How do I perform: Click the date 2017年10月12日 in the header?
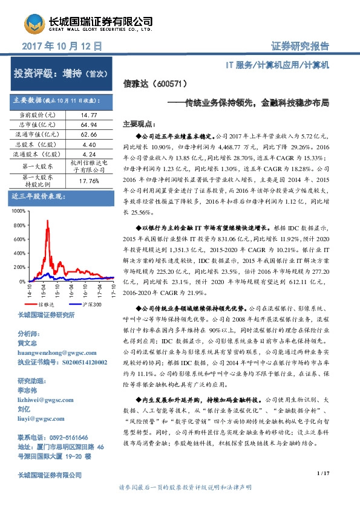click(61, 46)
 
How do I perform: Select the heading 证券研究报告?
click(300, 46)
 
